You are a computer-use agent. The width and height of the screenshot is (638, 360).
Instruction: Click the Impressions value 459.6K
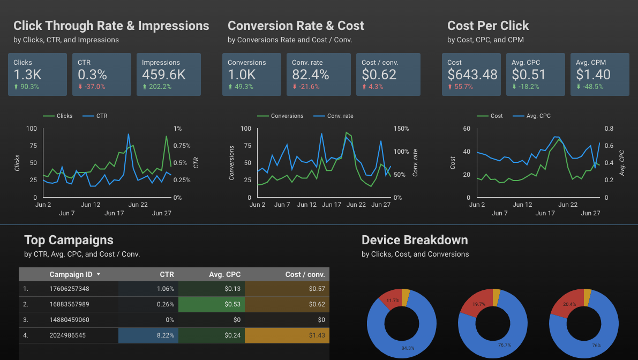click(x=164, y=75)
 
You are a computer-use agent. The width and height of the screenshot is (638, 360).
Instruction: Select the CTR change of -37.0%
click(x=92, y=87)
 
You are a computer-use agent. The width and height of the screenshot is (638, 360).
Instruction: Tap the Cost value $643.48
click(x=472, y=75)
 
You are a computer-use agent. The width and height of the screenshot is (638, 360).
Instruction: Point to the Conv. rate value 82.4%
click(x=310, y=75)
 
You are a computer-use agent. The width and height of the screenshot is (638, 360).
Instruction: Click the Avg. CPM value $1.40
click(x=593, y=75)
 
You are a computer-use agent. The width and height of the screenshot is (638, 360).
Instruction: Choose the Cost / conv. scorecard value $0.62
click(x=379, y=75)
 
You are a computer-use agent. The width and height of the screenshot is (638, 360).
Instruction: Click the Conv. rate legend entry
click(x=340, y=116)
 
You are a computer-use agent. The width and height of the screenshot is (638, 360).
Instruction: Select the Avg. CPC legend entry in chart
click(x=538, y=116)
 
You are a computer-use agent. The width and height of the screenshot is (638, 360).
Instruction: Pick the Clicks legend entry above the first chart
click(x=64, y=116)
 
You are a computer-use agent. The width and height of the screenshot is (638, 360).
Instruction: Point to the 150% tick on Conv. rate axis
click(x=401, y=129)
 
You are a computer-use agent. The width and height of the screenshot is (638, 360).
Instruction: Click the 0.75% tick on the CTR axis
click(x=182, y=146)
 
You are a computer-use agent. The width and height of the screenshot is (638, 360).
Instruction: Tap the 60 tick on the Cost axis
click(x=466, y=129)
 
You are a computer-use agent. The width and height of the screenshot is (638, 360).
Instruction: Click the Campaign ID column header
click(x=71, y=274)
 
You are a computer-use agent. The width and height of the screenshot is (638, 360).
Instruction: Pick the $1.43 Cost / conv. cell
click(x=317, y=336)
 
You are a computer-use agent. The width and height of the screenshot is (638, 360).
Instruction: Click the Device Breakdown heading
click(x=415, y=240)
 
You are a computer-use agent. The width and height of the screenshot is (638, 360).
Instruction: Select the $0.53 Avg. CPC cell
click(x=233, y=304)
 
